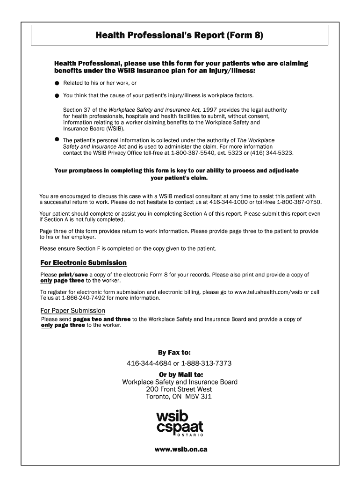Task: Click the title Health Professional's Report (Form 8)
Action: (x=180, y=35)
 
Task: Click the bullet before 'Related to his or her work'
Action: (x=57, y=83)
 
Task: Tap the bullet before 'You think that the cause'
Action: (x=57, y=96)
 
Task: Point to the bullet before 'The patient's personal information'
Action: (x=57, y=139)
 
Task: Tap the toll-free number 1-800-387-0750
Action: (x=299, y=203)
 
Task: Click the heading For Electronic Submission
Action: (x=84, y=263)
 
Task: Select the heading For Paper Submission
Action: (x=72, y=311)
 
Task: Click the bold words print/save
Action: (x=73, y=275)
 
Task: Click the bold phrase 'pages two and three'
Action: (x=102, y=319)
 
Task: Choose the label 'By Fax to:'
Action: (x=180, y=352)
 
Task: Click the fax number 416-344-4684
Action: (x=149, y=363)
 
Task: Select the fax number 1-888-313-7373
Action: (x=206, y=363)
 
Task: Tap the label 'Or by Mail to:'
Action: (x=180, y=375)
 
